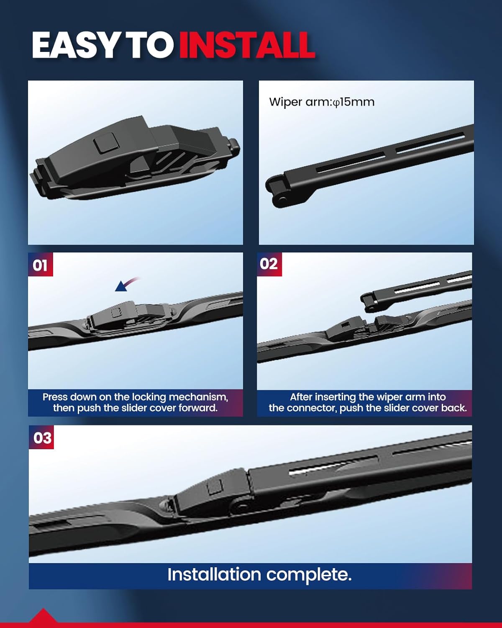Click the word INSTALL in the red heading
(x=247, y=45)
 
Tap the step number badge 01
(x=41, y=265)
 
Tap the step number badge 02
(x=269, y=264)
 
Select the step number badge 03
(x=41, y=438)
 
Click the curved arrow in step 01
(x=127, y=284)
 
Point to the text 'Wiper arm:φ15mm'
(x=322, y=102)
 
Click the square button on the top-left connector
(x=105, y=143)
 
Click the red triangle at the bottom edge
(x=43, y=617)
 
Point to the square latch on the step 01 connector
(x=116, y=312)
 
